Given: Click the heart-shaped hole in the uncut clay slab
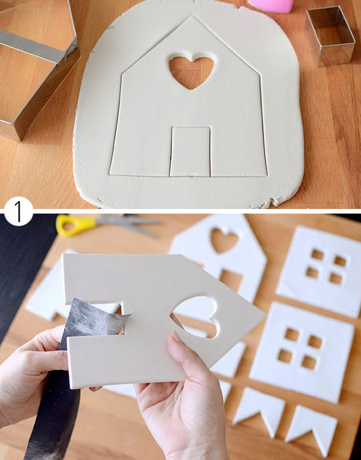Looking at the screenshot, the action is (191, 72).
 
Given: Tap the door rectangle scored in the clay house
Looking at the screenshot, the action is (190, 152).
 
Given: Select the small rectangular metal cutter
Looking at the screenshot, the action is (330, 35).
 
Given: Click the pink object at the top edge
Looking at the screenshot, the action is (270, 6).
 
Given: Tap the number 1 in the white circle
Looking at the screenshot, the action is (18, 211).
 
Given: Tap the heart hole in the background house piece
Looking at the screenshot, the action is (224, 241).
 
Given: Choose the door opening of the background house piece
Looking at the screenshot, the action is (232, 280).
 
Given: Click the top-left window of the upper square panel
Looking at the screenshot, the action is (317, 254).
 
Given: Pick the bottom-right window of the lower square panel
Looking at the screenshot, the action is (309, 362).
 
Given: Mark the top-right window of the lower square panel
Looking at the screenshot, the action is (315, 342).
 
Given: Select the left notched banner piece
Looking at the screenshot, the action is (258, 410).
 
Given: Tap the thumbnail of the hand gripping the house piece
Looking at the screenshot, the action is (177, 336).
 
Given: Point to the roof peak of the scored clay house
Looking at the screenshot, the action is (192, 16).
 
